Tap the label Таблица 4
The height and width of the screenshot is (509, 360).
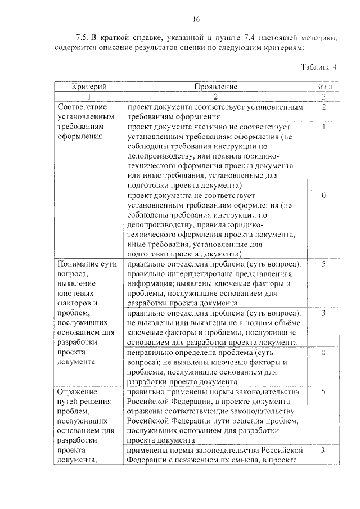(x=318, y=66)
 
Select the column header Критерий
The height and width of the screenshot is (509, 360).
(x=89, y=87)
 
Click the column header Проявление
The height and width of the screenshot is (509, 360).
(x=216, y=87)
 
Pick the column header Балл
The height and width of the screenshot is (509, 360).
(x=323, y=87)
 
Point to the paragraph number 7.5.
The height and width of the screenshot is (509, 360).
(x=82, y=38)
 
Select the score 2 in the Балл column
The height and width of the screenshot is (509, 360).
(x=324, y=106)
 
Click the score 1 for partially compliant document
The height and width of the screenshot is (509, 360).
(x=324, y=127)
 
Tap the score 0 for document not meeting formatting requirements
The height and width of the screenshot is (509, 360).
(x=324, y=196)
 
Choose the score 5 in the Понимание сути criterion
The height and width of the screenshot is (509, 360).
(x=324, y=264)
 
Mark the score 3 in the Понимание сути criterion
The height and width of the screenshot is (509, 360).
(x=324, y=313)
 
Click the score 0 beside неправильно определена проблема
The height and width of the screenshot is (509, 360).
(x=324, y=352)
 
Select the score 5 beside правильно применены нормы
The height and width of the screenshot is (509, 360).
(x=324, y=391)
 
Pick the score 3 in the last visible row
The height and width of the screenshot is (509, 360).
(x=324, y=451)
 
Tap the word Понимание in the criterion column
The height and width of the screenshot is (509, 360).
(x=79, y=264)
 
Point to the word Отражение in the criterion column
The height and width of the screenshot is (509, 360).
(x=77, y=391)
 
